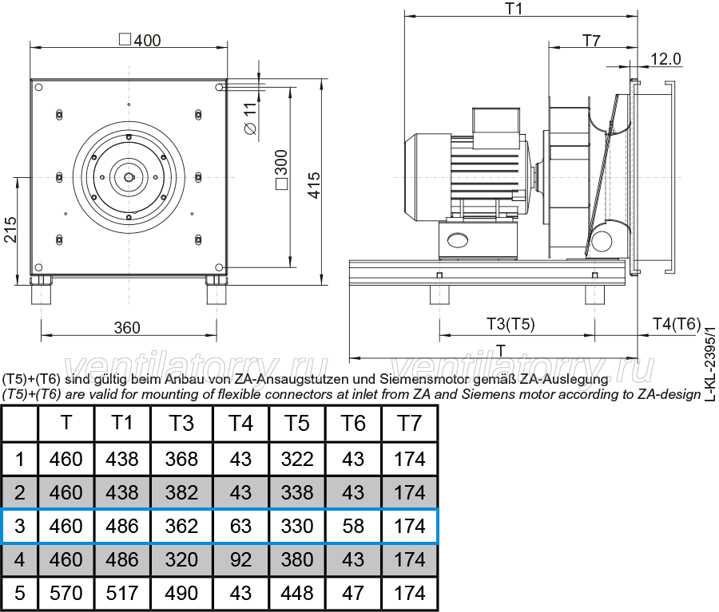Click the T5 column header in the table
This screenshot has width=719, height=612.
pyautogui.click(x=296, y=423)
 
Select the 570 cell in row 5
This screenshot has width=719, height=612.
pyautogui.click(x=66, y=593)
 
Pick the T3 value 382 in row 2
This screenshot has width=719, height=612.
pyautogui.click(x=181, y=492)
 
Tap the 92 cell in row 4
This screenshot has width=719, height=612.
pyautogui.click(x=240, y=559)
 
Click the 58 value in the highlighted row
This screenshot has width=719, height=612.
pyautogui.click(x=353, y=526)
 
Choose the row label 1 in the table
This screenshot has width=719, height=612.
pyautogui.click(x=20, y=459)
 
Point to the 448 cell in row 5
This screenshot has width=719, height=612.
pyautogui.click(x=297, y=593)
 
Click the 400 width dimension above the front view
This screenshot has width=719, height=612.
pyautogui.click(x=141, y=41)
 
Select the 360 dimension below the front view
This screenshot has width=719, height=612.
pyautogui.click(x=127, y=328)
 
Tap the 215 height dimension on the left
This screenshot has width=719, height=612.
pyautogui.click(x=10, y=230)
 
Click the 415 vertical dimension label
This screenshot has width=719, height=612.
pyautogui.click(x=314, y=186)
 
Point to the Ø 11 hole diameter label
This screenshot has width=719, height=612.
pyautogui.click(x=250, y=119)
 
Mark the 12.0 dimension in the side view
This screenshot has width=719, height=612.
pyautogui.click(x=665, y=59)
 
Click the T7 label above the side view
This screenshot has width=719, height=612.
pyautogui.click(x=591, y=41)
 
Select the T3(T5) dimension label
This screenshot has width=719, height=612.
pyautogui.click(x=510, y=324)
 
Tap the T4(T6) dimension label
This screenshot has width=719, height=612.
pyautogui.click(x=677, y=324)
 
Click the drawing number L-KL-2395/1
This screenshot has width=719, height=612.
pyautogui.click(x=710, y=364)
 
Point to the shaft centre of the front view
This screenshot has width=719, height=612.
pyautogui.click(x=129, y=177)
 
